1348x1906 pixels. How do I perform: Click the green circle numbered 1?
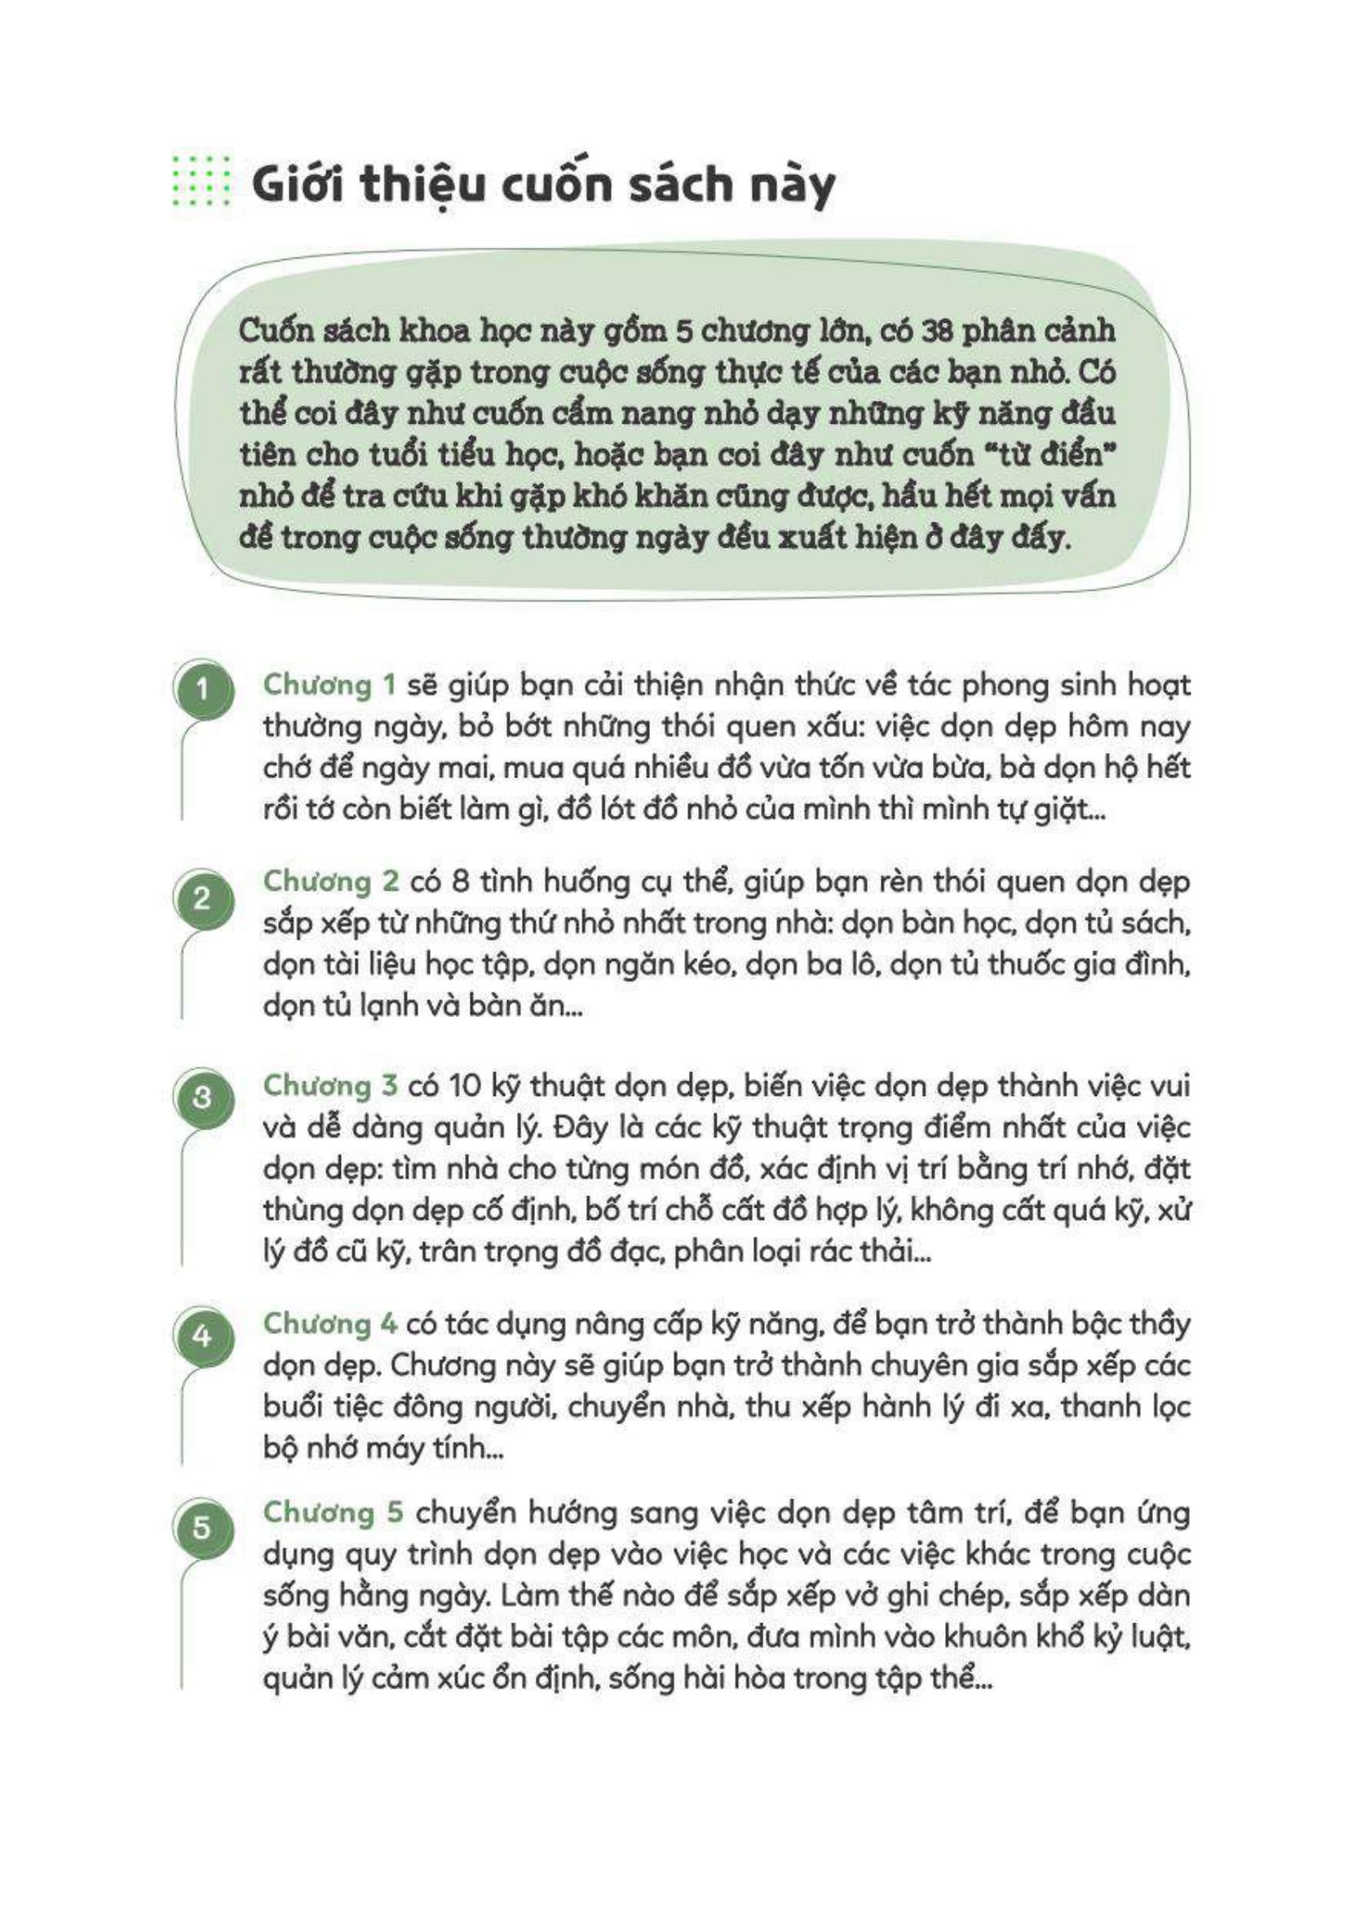pyautogui.click(x=201, y=689)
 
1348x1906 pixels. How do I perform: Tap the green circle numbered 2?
pyautogui.click(x=201, y=899)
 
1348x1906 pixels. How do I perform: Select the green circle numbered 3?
pyautogui.click(x=201, y=1098)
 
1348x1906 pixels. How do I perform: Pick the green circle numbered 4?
pyautogui.click(x=201, y=1336)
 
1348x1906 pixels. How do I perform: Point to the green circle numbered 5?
pyautogui.click(x=201, y=1526)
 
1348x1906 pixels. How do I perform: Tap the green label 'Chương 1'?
pyautogui.click(x=329, y=685)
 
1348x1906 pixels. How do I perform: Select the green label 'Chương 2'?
pyautogui.click(x=330, y=882)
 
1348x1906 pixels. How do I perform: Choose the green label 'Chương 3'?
pyautogui.click(x=330, y=1085)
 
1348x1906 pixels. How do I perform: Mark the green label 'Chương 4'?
pyautogui.click(x=330, y=1324)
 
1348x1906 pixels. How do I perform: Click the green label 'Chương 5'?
pyautogui.click(x=332, y=1512)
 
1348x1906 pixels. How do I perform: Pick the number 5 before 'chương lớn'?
pyautogui.click(x=683, y=330)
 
